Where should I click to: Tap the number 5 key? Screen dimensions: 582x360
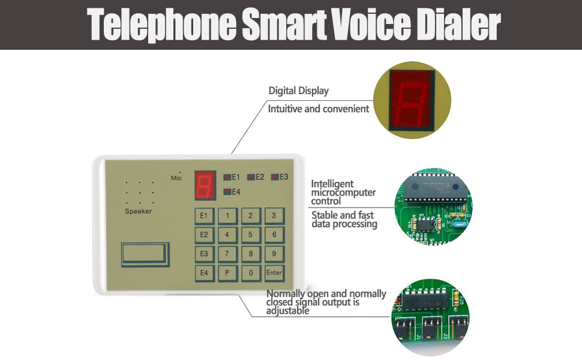point(250,235)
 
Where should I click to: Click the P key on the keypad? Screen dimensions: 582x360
point(227,273)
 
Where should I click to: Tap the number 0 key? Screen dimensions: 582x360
point(250,273)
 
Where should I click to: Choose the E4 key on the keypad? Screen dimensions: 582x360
point(203,273)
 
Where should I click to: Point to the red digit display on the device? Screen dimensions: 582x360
point(205,185)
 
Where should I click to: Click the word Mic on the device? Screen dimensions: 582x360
point(176,178)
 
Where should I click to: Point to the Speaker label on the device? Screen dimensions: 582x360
point(138,211)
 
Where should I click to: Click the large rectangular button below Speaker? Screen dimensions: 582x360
point(145,254)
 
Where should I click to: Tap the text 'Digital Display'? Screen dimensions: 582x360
point(298,91)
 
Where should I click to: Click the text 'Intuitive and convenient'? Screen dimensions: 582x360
point(319,109)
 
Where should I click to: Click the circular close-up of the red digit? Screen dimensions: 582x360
point(412,100)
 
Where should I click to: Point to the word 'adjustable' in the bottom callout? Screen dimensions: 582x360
point(288,311)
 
